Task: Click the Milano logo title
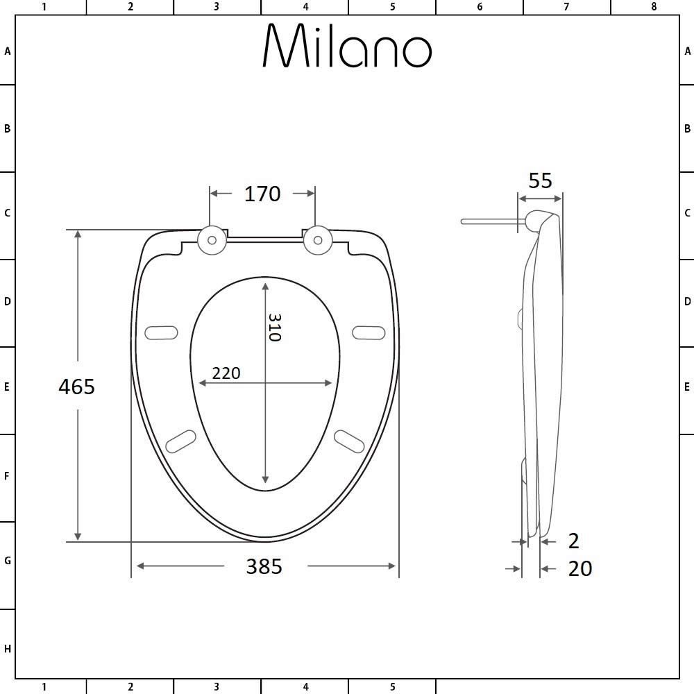click(347, 46)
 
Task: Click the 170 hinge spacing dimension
click(262, 194)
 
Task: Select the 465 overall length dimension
click(76, 387)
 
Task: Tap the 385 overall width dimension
click(264, 566)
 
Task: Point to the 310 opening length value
click(274, 328)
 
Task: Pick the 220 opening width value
click(226, 373)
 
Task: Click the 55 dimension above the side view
click(541, 180)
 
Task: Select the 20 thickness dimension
click(580, 569)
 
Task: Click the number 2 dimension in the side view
click(574, 541)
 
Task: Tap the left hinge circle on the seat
click(212, 240)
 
